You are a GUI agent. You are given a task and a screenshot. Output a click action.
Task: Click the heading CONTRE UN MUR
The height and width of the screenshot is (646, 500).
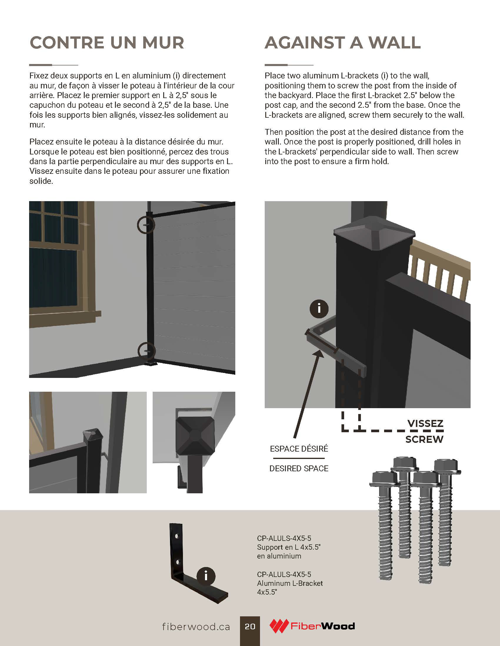[107, 43]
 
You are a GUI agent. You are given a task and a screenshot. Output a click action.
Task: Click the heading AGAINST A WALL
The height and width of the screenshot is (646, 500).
[343, 43]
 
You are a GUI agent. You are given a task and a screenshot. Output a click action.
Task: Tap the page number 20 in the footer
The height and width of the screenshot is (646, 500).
[250, 627]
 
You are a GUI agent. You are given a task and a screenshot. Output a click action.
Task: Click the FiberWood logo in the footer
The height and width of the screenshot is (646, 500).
[312, 626]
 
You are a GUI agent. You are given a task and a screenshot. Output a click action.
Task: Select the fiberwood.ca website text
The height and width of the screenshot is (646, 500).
[196, 627]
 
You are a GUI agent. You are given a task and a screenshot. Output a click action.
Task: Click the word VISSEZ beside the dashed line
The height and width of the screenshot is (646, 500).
[425, 423]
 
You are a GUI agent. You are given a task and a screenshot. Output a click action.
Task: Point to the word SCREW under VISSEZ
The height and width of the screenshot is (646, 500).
[424, 439]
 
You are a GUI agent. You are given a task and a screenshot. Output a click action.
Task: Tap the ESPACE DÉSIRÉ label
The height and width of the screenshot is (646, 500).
[299, 449]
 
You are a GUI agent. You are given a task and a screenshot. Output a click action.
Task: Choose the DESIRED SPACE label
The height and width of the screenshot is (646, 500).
[299, 469]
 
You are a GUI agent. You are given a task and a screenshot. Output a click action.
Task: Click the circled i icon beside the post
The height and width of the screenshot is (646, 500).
[319, 309]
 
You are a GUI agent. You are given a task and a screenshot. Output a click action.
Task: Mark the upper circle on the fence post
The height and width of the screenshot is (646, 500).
[146, 225]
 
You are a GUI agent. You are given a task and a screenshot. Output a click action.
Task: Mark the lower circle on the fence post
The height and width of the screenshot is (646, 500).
[147, 351]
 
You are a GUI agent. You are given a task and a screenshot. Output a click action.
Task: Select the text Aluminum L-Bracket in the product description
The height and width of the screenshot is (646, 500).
[290, 583]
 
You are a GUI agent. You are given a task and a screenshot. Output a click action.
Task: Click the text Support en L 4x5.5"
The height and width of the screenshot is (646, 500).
[289, 547]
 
